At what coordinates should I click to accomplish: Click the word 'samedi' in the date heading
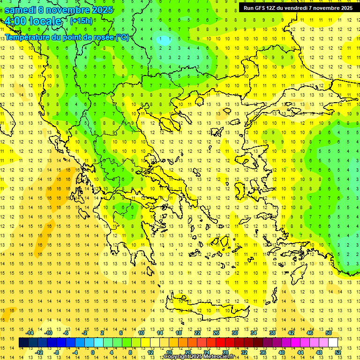tap(20, 10)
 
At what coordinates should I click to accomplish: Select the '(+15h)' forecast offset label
tap(81, 21)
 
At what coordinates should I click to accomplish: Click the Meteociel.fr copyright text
tap(199, 357)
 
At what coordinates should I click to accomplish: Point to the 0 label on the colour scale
tap(93, 352)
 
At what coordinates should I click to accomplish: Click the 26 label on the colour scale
tap(216, 333)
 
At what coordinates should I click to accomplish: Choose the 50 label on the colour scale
tap(328, 333)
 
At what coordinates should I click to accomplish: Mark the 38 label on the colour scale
tap(272, 333)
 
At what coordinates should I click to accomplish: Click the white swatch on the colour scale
tap(333, 342)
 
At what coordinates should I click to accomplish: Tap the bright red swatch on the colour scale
tap(220, 342)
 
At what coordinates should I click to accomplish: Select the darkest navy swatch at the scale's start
tap(23, 342)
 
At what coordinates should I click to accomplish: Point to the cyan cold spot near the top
tap(164, 40)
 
